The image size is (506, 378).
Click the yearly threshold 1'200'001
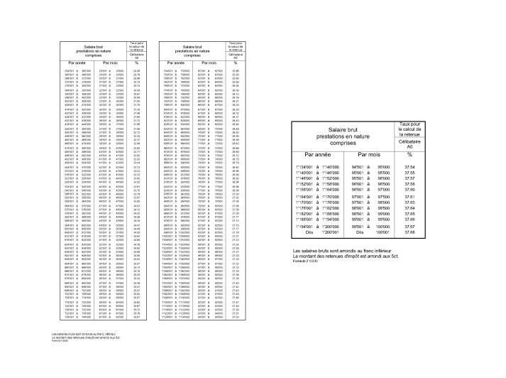point(328,232)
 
